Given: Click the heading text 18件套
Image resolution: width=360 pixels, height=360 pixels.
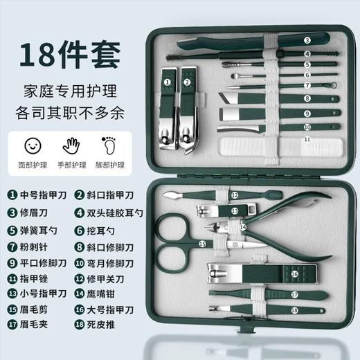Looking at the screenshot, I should pos(70,52).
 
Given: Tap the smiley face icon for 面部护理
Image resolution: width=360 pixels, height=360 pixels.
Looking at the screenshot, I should pos(31,147).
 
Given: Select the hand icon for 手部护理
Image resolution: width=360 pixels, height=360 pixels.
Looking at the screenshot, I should pos(72,147).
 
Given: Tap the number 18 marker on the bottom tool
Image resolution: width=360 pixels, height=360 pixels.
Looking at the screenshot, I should pos(295,310).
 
